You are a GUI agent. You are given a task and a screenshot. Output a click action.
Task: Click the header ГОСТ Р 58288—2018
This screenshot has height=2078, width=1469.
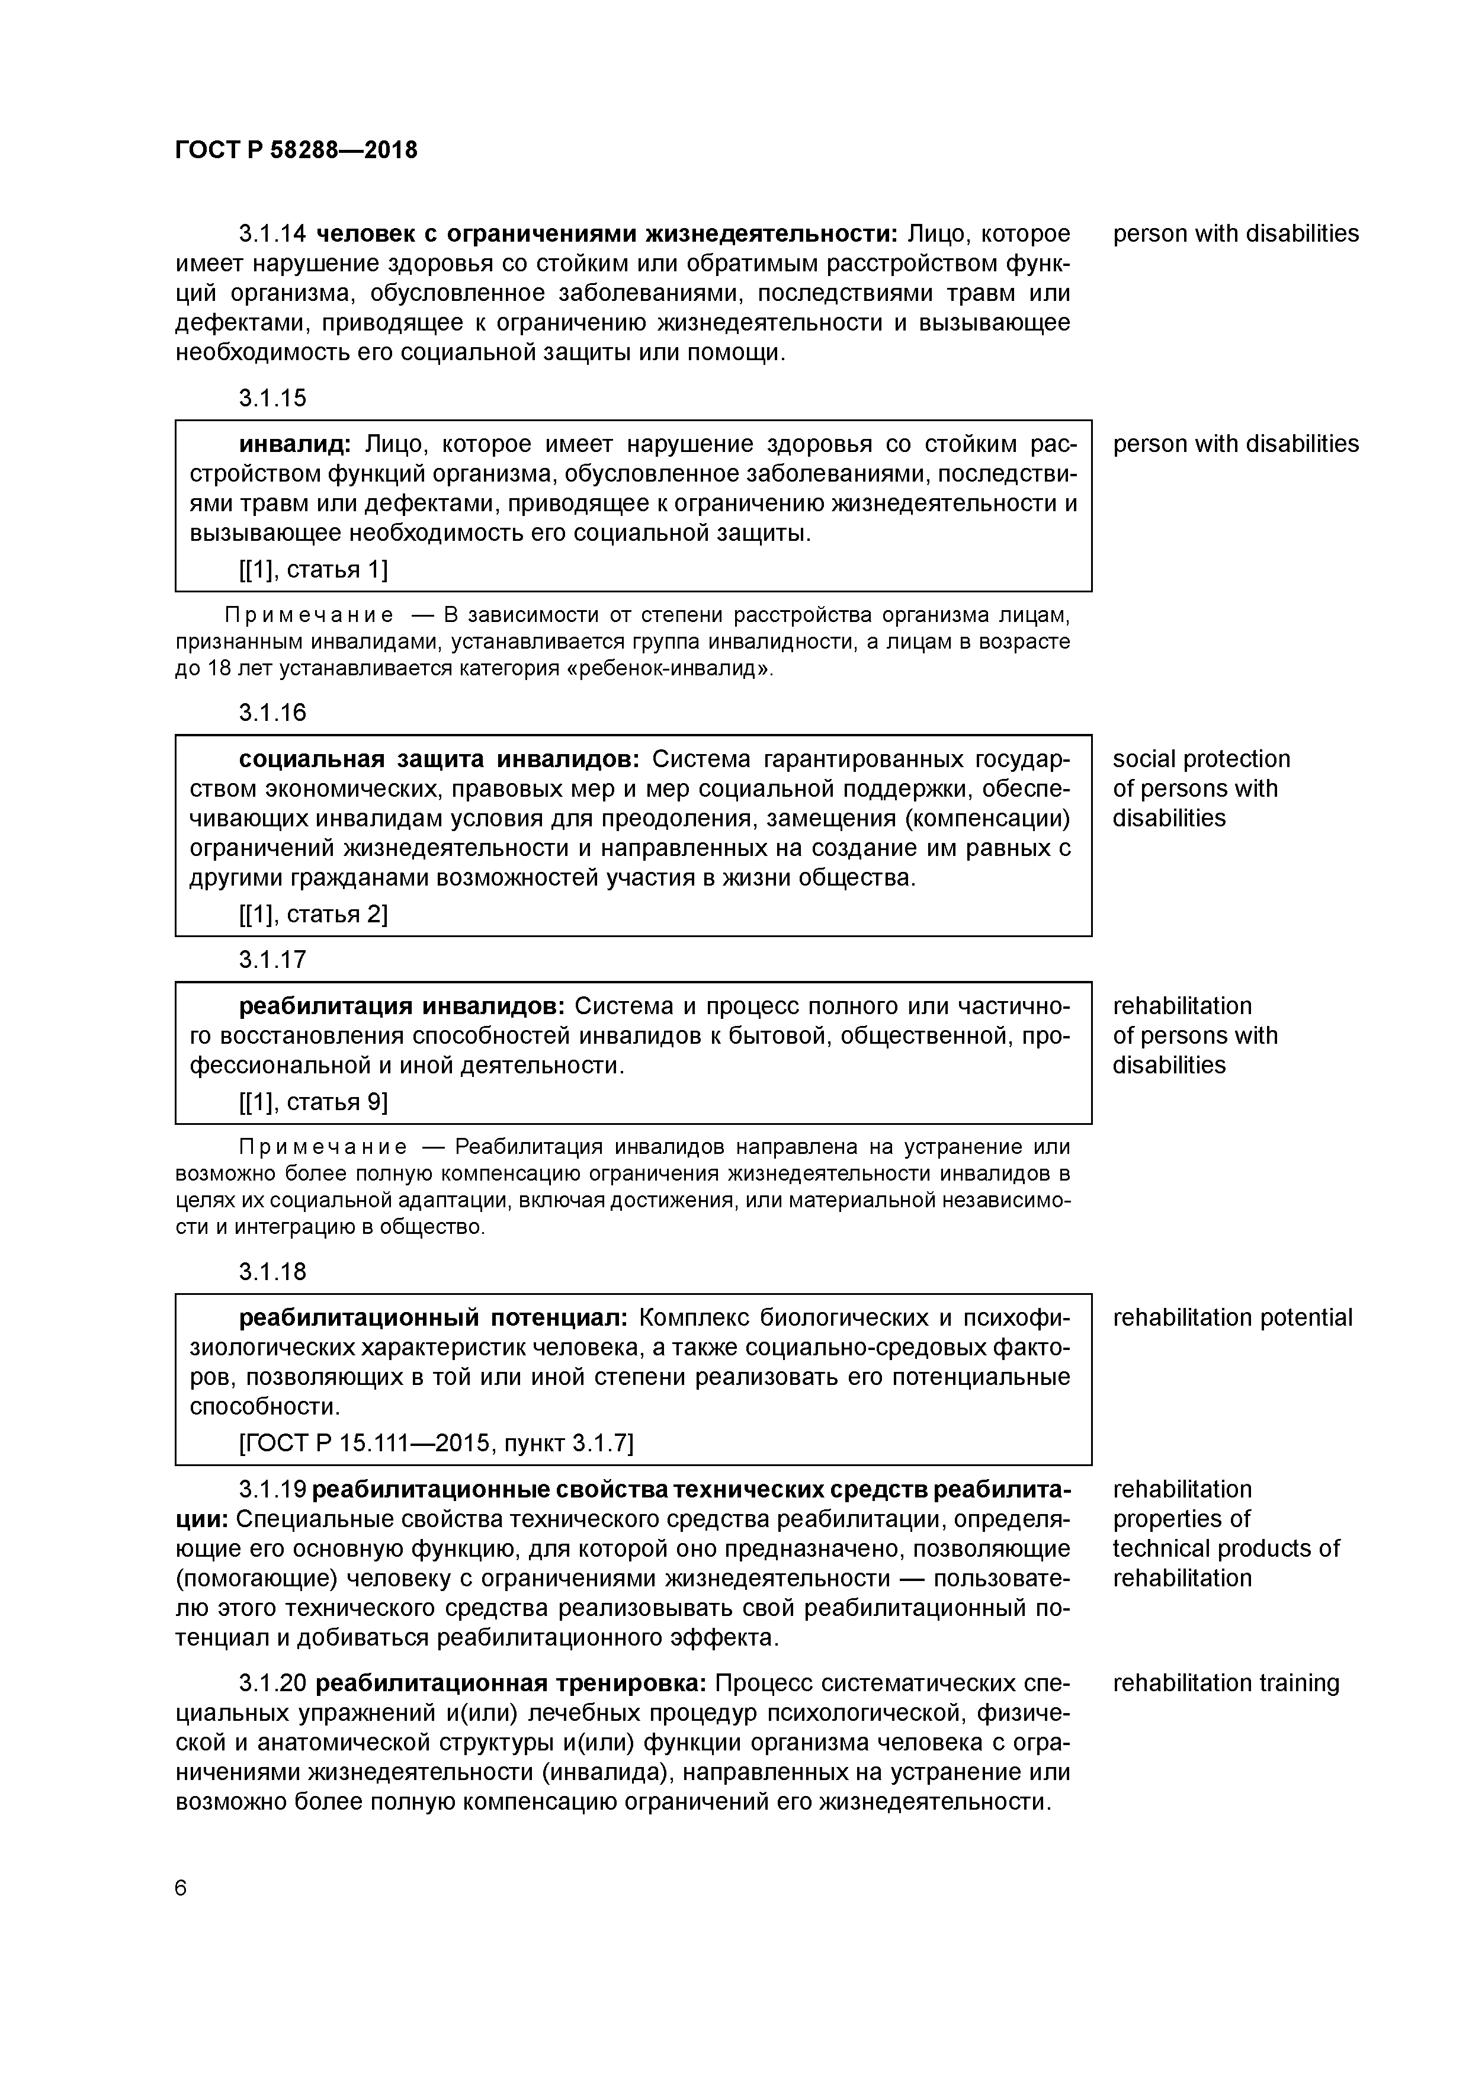[x=296, y=150]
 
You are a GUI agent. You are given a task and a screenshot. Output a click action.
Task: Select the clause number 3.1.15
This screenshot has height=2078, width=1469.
[x=272, y=397]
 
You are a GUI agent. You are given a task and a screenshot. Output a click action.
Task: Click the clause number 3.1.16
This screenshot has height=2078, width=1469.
[x=272, y=712]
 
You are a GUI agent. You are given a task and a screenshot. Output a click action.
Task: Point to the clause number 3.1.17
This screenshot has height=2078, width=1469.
[x=272, y=960]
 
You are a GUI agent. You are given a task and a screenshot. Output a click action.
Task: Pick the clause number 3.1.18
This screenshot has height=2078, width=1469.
[x=272, y=1272]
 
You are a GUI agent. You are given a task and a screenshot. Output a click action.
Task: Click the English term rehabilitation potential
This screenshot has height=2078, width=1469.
[x=1232, y=1318]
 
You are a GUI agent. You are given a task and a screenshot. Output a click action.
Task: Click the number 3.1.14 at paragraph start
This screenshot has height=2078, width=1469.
[x=272, y=233]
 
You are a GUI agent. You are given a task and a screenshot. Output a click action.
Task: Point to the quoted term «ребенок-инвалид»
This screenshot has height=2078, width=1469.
[x=669, y=669]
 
